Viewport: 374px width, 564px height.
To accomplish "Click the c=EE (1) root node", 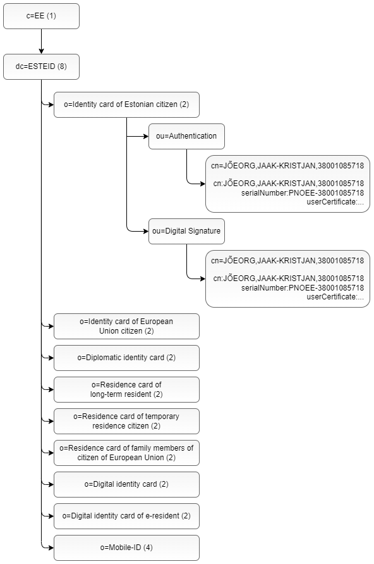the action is click(x=41, y=16).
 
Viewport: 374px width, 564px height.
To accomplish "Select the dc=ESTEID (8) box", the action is click(x=41, y=67).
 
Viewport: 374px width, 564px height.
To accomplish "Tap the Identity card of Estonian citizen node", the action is click(x=126, y=104).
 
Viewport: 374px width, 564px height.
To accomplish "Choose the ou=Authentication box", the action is click(x=186, y=136).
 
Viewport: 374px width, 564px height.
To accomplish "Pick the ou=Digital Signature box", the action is click(x=186, y=231).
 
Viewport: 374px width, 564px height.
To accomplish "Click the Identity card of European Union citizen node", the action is click(x=126, y=326).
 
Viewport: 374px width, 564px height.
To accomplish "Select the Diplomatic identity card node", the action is click(x=126, y=358).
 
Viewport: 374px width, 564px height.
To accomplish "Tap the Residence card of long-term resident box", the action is click(x=126, y=389).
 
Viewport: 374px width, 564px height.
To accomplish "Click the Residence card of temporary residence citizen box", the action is click(x=126, y=421).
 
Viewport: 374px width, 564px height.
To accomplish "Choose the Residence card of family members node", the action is click(x=126, y=453).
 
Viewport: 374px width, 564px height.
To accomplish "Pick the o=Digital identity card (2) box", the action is click(x=126, y=484).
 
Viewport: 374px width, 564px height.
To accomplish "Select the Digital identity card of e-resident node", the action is click(x=126, y=516).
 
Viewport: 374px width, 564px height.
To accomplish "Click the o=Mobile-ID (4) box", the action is click(x=126, y=548).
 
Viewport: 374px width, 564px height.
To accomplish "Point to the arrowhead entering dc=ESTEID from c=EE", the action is click(x=41, y=52).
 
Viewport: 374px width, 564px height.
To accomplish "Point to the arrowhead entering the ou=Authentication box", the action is click(x=146, y=136).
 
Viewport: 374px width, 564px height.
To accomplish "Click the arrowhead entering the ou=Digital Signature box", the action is click(x=146, y=231).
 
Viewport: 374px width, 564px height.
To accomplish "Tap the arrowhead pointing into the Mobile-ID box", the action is click(x=51, y=548).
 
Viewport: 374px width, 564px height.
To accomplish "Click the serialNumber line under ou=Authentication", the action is click(x=303, y=193).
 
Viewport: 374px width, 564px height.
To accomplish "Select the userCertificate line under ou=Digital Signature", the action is click(x=335, y=297).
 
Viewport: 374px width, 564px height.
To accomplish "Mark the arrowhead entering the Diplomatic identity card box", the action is click(x=51, y=358).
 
